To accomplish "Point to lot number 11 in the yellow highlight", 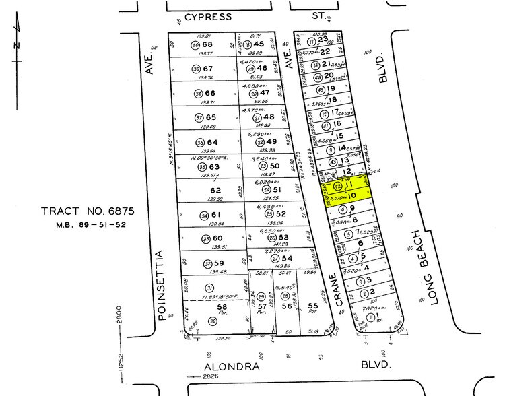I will point(350,183).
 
